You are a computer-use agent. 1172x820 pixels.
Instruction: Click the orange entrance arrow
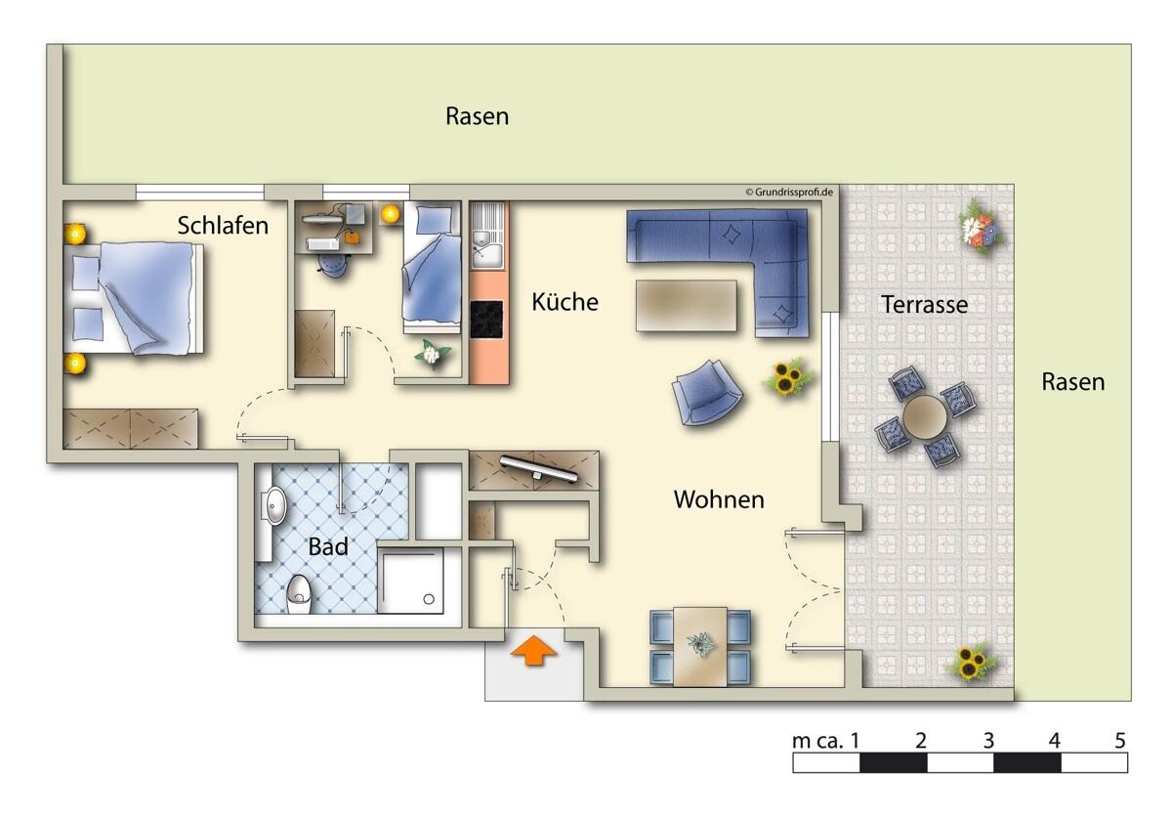[x=533, y=650]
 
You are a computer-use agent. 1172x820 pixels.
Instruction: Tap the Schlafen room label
[x=223, y=226]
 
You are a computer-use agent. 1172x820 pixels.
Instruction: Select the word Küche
[x=565, y=302]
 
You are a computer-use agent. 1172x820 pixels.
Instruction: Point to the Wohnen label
[x=719, y=499]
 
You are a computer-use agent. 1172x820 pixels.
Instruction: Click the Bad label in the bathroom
[x=328, y=547]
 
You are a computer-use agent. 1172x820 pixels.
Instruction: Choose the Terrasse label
[x=925, y=305]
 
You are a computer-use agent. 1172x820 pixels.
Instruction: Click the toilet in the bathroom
[x=299, y=594]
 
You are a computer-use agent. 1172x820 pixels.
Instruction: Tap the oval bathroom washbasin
[x=274, y=505]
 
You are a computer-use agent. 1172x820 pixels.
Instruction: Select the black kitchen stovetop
[x=486, y=319]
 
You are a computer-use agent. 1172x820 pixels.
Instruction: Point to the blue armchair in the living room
[x=707, y=392]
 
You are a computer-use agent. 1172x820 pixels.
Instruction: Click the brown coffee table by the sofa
[x=687, y=306]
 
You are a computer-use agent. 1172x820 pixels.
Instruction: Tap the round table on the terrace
[x=924, y=417]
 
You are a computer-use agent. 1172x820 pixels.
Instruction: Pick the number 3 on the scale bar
[x=988, y=741]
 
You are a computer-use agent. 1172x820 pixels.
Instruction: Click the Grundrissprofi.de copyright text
[x=789, y=193]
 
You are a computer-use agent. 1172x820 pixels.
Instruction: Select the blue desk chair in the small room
[x=332, y=266]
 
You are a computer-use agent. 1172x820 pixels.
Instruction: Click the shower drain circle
[x=429, y=599]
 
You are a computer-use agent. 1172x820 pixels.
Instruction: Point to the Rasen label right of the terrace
[x=1073, y=382]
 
